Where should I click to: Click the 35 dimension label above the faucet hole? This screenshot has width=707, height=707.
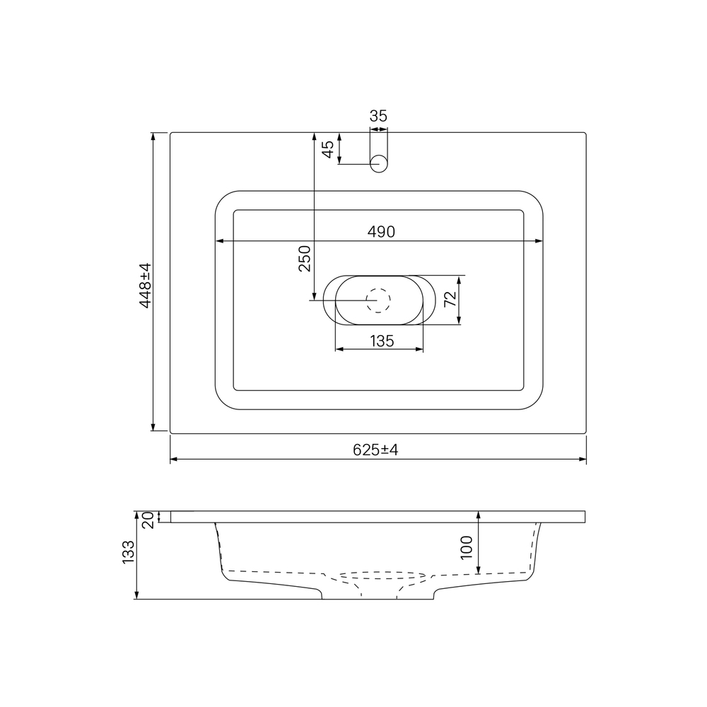378,116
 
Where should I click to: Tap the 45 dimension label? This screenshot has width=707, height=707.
328,149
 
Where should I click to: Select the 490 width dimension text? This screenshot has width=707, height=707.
381,232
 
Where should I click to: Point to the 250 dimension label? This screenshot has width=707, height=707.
305,258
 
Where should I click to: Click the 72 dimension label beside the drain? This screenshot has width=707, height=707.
450,299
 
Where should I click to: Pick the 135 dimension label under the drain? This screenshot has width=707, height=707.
382,341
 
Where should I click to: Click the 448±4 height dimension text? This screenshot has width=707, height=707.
145,286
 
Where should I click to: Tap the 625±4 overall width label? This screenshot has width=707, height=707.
375,450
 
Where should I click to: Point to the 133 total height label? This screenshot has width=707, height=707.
129,552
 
